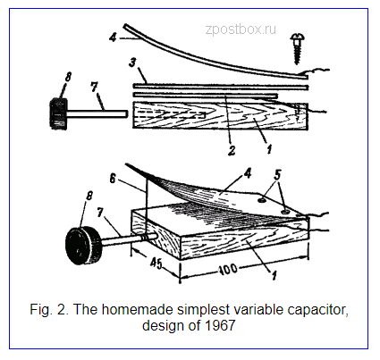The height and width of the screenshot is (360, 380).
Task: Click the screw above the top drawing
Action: coord(297,48)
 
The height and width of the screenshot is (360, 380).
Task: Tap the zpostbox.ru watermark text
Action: coord(241,29)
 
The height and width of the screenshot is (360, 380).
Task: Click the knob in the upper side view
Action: coord(58,114)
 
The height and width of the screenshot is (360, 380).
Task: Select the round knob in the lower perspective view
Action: coord(83,246)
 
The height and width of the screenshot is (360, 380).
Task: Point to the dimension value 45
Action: coord(156,264)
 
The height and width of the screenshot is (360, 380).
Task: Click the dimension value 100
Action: coord(229,269)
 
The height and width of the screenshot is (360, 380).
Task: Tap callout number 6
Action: coord(112,179)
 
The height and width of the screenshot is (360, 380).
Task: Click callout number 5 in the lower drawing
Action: coord(277,175)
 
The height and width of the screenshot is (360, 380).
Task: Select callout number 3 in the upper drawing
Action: coord(133,63)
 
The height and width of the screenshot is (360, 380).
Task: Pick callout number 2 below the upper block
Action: coord(232,150)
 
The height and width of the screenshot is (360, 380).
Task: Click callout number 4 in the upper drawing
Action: coord(113,38)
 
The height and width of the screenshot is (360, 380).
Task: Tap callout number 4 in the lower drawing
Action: coord(248,173)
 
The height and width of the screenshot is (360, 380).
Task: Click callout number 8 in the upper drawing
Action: coord(68,77)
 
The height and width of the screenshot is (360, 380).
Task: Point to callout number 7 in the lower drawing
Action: coord(100,213)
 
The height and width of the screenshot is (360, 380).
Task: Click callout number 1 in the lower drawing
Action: coord(274,275)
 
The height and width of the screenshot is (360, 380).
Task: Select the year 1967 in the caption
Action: coord(220,325)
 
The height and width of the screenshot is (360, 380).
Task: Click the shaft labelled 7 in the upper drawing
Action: coord(97,113)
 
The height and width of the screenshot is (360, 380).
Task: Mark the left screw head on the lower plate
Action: coord(262,201)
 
